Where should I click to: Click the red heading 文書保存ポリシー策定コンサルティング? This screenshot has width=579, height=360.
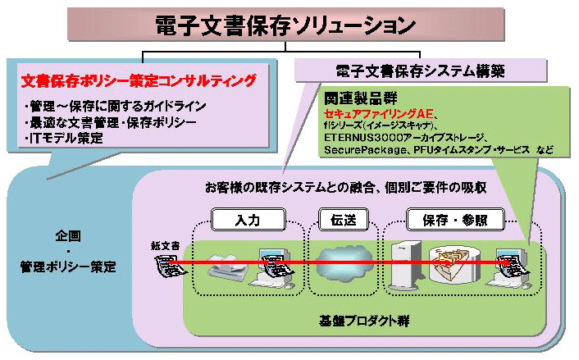pos(139,81)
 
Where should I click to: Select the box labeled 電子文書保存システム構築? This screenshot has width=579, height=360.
pos(407,71)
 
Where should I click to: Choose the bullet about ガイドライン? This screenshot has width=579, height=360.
pos(116,107)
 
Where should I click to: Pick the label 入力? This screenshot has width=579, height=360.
pos(247,219)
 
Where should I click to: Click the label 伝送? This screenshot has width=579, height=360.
pos(339,219)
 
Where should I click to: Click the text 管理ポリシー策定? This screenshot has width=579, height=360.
pos(68,267)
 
